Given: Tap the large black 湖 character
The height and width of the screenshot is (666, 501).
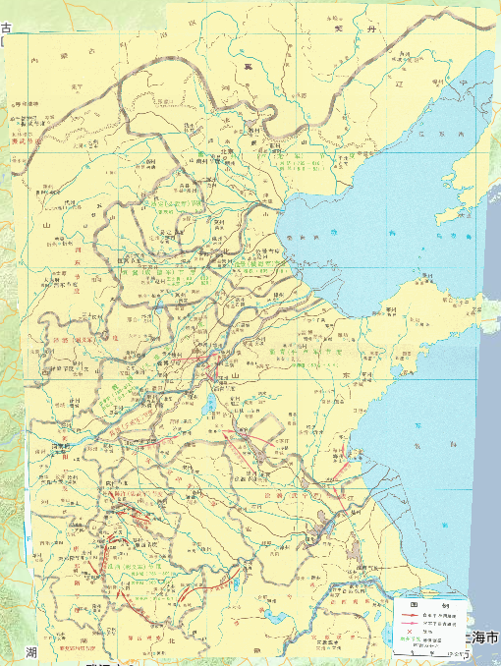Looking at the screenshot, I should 31,652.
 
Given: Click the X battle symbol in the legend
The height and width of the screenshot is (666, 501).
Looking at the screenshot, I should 409,633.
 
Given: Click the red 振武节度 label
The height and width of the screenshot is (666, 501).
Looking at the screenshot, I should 24,139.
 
